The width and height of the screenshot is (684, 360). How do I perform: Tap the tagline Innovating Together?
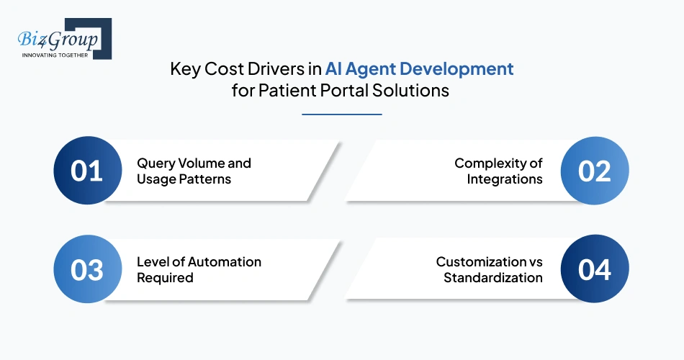55,55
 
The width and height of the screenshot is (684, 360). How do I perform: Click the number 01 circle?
86,171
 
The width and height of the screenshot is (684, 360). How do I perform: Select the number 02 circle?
595,171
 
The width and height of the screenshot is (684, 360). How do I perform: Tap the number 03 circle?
86,270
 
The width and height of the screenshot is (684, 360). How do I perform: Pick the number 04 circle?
595,270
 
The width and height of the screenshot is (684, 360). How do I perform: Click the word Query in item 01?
156,163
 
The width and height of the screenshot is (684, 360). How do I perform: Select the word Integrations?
505,179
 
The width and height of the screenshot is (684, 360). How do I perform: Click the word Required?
165,278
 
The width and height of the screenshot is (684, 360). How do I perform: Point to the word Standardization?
493,278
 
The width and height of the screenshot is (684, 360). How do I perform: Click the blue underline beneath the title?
341,114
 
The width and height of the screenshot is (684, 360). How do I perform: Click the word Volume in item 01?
204,163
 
